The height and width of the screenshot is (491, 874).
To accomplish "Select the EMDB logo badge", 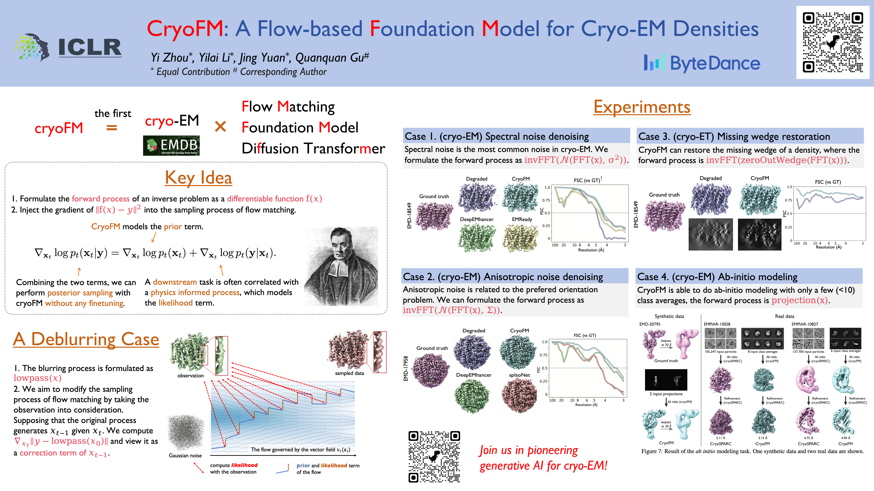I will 171,145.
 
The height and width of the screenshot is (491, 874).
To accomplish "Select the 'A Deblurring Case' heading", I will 86,339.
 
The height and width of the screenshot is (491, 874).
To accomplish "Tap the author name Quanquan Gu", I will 332,58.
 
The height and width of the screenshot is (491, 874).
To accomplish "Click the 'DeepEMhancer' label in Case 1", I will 476,219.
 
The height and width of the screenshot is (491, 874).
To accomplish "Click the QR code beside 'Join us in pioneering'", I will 434,456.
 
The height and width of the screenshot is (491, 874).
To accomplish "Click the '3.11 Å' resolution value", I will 720,438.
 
